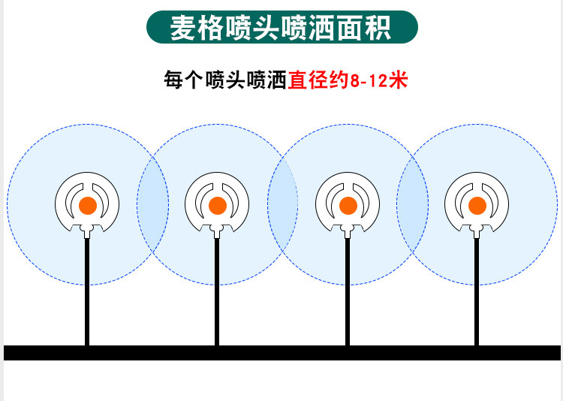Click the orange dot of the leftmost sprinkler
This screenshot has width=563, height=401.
pos(88,206)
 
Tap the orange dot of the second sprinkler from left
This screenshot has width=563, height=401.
pos(218,206)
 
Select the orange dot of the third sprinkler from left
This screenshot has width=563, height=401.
pos(348,206)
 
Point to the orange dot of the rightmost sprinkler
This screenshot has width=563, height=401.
pos(477,206)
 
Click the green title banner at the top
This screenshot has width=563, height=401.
pos(281,27)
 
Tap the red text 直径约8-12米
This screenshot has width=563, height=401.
pos(348,80)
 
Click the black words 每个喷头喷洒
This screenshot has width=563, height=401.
pos(225,80)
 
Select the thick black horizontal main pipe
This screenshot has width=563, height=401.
pos(281,353)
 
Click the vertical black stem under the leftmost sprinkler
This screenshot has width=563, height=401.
pos(87,292)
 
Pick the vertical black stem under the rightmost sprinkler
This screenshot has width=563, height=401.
pos(477,292)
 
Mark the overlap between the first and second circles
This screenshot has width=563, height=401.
pos(153,205)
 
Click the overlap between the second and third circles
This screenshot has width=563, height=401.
pos(283,205)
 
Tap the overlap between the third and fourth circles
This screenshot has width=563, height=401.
pos(413,205)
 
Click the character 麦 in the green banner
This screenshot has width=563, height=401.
pos(183,28)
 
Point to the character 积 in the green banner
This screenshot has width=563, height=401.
pos(378,28)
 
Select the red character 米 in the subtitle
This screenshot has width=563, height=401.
pos(399,80)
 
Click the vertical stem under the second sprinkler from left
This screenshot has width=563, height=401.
pos(217,292)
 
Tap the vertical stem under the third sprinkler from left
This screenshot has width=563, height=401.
pos(348,292)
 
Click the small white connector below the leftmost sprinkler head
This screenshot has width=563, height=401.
pos(87,231)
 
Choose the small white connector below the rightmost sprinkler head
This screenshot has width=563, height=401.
pos(477,231)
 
